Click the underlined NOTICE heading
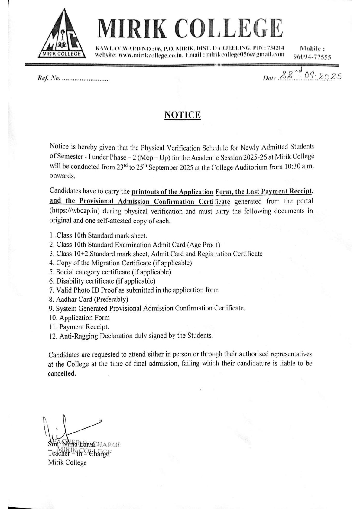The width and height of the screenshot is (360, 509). tap(182, 115)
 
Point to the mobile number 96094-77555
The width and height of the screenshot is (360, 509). tap(312, 57)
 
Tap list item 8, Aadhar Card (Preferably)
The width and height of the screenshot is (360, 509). tap(89, 299)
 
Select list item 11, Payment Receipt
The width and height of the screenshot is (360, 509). tap(79, 327)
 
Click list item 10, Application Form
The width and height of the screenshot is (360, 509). tap(79, 318)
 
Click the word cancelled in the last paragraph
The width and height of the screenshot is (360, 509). tap(62, 373)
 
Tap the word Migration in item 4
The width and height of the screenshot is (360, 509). tap(116, 263)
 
